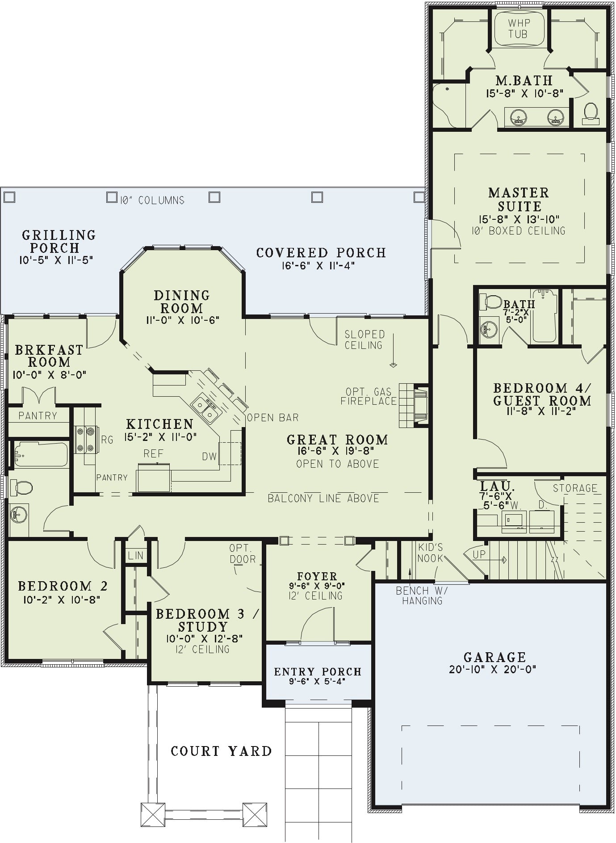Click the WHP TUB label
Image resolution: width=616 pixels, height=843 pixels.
tap(518, 28)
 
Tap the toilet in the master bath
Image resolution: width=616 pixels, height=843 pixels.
tap(591, 113)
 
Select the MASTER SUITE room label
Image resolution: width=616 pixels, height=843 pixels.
tap(519, 199)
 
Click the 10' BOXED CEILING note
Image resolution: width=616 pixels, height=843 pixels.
tap(518, 231)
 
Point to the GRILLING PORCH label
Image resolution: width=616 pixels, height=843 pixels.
tap(59, 241)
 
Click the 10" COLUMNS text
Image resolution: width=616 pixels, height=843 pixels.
tap(152, 200)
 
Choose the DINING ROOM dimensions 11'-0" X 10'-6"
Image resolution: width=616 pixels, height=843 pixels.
tap(181, 320)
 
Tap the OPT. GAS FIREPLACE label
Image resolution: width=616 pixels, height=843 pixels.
tap(369, 396)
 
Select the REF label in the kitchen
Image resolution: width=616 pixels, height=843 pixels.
tap(153, 453)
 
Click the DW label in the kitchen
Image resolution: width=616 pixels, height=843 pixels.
tap(209, 457)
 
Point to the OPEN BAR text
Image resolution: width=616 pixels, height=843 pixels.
tap(272, 417)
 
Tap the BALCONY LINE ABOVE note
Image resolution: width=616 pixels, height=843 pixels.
tap(323, 498)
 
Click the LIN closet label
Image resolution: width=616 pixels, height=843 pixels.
tap(135, 555)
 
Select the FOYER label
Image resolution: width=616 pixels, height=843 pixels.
tap(317, 576)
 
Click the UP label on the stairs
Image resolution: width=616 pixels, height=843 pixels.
tap(479, 554)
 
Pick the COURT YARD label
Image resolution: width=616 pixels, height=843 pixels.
tap(222, 751)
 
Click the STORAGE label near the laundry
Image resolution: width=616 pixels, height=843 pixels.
tap(575, 488)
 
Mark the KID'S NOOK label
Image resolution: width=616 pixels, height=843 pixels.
tap(431, 553)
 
